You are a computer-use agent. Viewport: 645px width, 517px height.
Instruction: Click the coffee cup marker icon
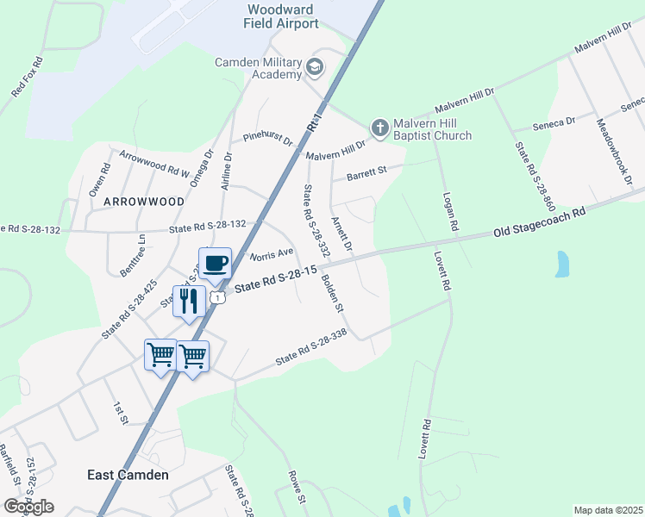pyautogui.click(x=215, y=262)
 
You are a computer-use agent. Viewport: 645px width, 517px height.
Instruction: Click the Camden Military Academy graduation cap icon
pyautogui.click(x=315, y=66)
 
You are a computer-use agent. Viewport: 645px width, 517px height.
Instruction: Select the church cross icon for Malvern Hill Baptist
pyautogui.click(x=378, y=128)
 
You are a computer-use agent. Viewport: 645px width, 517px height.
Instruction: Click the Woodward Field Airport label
pyautogui.click(x=283, y=16)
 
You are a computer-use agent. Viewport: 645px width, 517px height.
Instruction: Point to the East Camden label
pyautogui.click(x=128, y=475)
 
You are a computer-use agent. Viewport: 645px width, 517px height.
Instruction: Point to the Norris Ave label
pyautogui.click(x=272, y=254)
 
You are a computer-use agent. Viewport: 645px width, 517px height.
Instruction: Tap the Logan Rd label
pyautogui.click(x=448, y=211)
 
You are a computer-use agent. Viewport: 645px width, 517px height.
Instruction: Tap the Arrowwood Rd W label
pyautogui.click(x=154, y=163)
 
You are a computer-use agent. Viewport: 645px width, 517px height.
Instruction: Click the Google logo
pyautogui.click(x=28, y=507)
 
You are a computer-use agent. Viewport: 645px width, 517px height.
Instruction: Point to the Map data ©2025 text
pyautogui.click(x=608, y=510)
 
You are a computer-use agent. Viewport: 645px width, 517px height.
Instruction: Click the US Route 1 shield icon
pyautogui.click(x=220, y=297)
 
